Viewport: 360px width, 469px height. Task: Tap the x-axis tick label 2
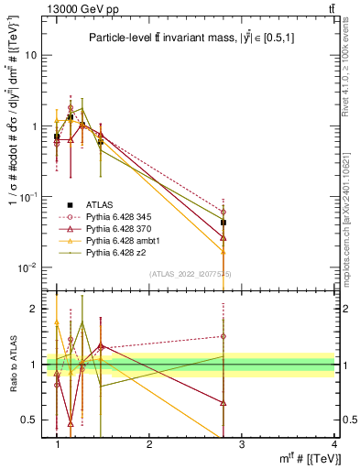point(149,444)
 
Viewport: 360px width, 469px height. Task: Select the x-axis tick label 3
point(242,444)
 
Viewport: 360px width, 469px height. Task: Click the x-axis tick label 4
point(333,444)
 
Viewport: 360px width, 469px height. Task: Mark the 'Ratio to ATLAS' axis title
point(14,365)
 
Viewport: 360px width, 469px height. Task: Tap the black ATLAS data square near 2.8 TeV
point(224,223)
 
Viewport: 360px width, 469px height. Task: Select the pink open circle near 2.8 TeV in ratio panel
point(224,336)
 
